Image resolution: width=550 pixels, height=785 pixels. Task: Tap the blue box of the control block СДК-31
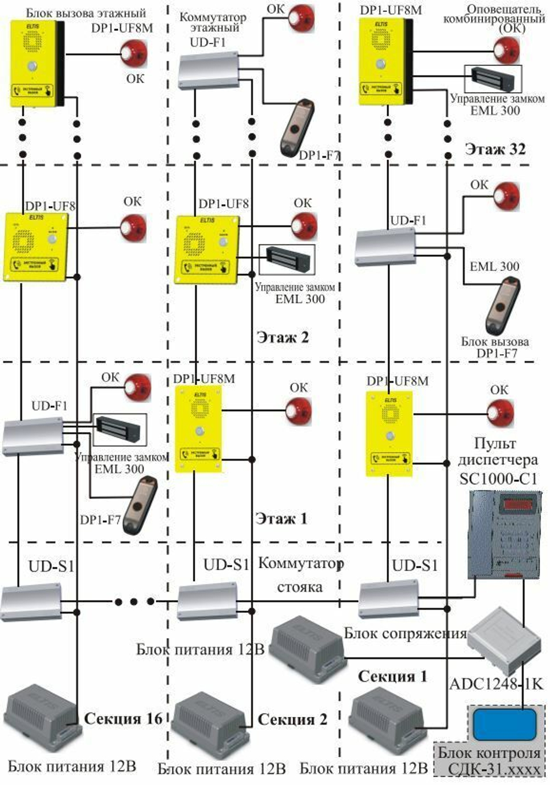point(504,724)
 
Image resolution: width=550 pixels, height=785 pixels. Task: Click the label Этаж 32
point(495,149)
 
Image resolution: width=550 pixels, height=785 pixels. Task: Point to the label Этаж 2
point(283,337)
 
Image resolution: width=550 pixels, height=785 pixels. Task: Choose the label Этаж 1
point(281,518)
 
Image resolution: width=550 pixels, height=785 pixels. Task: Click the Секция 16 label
point(124,718)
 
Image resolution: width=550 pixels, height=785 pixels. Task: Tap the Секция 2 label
point(292,719)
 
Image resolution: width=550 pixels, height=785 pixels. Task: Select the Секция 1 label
point(392,676)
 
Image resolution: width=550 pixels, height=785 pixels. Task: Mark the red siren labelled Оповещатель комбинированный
point(505,51)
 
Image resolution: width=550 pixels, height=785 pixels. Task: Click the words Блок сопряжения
point(405,633)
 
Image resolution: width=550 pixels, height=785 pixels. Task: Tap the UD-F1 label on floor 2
point(408,220)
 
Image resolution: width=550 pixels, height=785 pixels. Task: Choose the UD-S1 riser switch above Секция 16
point(31,602)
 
